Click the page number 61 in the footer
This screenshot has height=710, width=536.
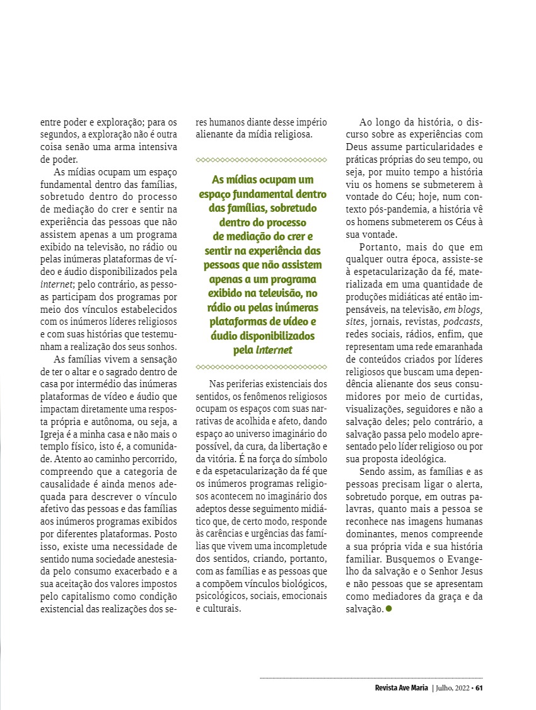point(479,687)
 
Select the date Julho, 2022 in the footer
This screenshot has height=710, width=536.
point(452,687)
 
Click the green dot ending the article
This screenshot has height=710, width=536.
point(388,608)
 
